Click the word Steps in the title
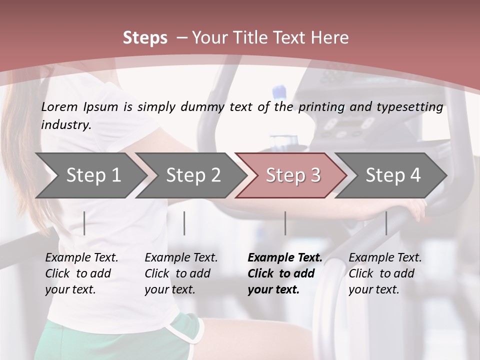(145, 38)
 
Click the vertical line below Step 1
(84, 223)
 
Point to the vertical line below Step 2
(184, 223)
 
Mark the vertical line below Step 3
(285, 223)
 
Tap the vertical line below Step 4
(386, 223)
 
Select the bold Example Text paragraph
(285, 273)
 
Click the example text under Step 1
(81, 273)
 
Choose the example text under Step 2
(181, 273)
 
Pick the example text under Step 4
(385, 273)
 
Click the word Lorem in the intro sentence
(59, 106)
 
